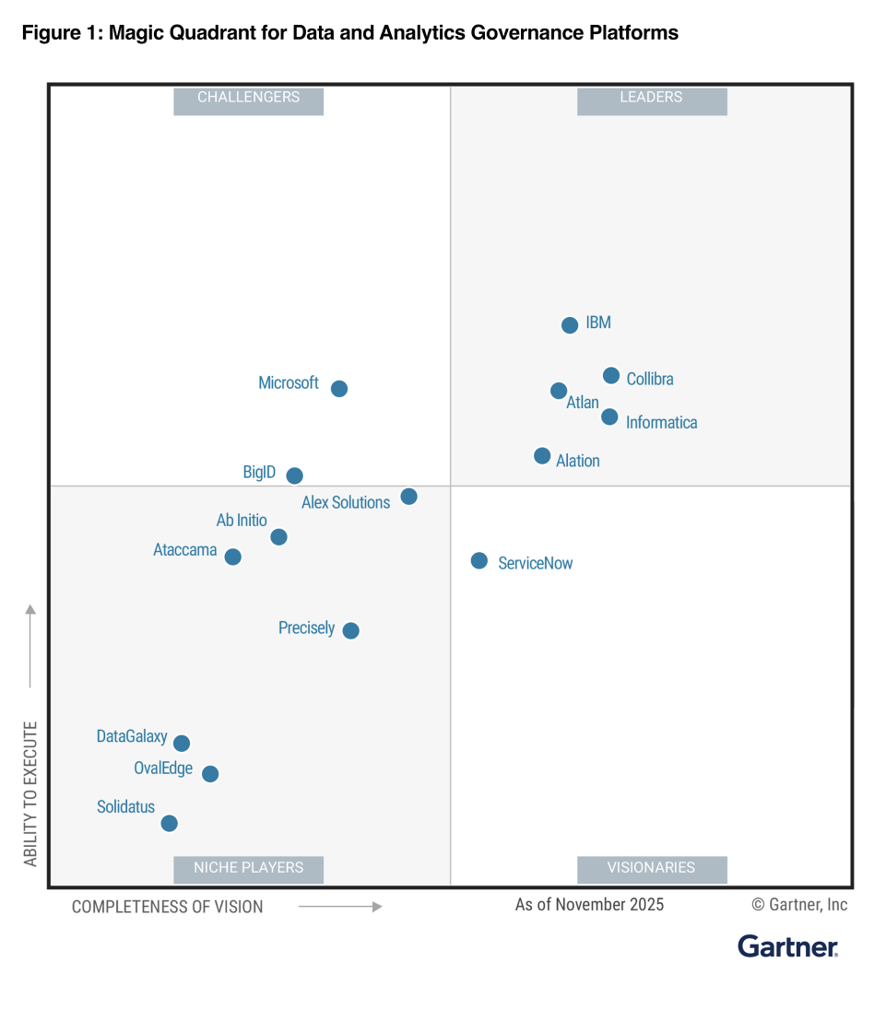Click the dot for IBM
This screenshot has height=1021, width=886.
570,325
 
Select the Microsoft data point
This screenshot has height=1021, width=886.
339,389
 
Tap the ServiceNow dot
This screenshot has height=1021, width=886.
479,561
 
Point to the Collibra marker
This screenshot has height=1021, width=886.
611,376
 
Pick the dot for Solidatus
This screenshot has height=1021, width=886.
170,824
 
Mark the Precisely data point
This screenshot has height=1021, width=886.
351,631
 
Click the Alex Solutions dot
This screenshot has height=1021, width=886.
409,497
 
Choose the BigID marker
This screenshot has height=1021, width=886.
295,476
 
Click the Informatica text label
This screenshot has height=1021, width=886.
661,423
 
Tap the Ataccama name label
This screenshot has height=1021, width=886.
185,551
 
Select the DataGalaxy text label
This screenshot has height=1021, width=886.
132,737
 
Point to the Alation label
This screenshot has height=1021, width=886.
578,461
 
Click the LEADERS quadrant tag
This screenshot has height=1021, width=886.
652,98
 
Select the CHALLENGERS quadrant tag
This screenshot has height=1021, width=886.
249,98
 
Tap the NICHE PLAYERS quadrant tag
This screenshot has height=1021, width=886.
249,868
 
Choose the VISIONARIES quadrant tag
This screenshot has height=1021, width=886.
652,868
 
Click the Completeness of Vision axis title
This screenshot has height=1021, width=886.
168,907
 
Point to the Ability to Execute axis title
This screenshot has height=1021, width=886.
30,793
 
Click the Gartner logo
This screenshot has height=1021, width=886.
787,947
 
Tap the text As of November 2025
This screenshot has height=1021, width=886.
589,905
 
